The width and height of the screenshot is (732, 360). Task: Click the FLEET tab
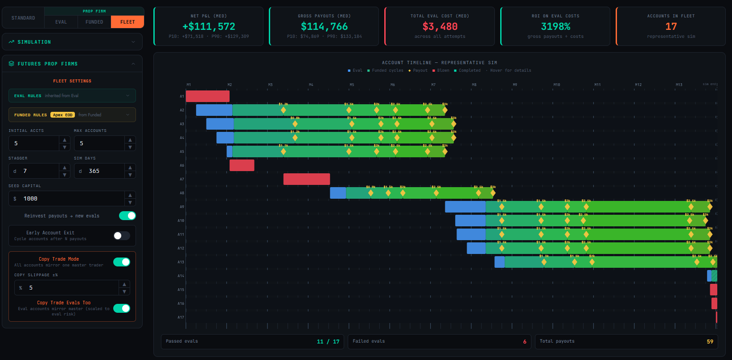point(127,22)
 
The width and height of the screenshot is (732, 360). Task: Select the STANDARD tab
point(23,18)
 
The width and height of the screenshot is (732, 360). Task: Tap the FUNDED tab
point(94,22)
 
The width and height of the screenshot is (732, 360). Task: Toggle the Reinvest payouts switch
point(127,216)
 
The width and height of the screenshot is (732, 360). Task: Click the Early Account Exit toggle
point(122,236)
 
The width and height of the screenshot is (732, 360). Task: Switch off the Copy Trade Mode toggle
point(122,262)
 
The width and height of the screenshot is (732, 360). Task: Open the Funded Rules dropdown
point(72,115)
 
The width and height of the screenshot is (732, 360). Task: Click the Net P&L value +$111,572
point(209,27)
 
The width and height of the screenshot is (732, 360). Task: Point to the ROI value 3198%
point(555,27)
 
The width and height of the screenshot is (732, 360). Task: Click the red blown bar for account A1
point(207,96)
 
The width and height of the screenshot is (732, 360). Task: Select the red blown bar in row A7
point(306,179)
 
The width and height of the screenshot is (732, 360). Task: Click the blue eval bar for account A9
point(465,207)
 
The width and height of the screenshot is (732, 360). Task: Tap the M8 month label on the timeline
point(474,85)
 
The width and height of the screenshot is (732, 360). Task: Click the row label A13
point(181,262)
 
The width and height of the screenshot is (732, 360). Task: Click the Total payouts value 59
point(710,342)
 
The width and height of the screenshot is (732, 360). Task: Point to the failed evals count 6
point(525,342)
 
